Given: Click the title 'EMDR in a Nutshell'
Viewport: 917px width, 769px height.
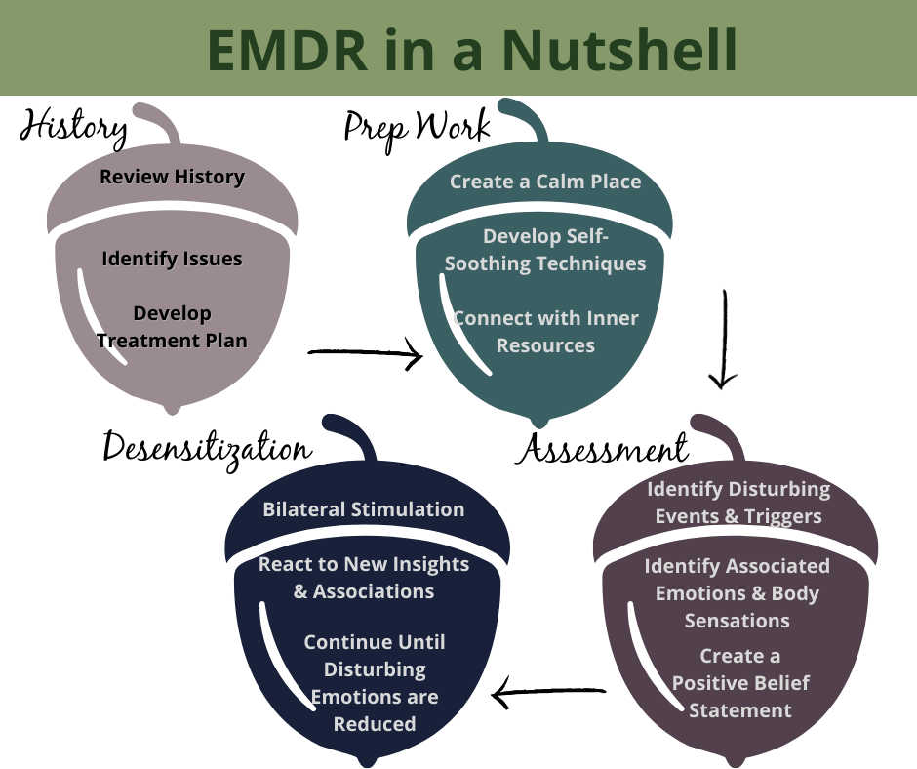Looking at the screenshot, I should click(458, 49).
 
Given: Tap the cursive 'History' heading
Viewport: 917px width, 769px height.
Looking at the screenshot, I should click(72, 127).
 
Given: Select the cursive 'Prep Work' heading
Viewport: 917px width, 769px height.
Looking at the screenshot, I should click(416, 126).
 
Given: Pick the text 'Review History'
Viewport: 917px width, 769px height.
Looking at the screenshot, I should click(172, 177).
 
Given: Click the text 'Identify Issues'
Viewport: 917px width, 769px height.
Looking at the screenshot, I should click(172, 259).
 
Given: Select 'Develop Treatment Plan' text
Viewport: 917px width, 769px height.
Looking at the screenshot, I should click(172, 327).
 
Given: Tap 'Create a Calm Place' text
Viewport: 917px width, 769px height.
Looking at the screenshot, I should click(545, 182).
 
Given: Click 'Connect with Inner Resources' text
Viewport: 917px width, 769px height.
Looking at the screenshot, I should click(545, 332).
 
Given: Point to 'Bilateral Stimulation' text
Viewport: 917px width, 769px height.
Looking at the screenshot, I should click(363, 509).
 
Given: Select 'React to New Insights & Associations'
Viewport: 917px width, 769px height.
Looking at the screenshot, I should click(363, 578).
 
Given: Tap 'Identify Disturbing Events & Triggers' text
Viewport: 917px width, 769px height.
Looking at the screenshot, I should click(738, 502).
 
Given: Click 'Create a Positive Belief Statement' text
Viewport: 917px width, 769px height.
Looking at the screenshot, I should click(738, 682).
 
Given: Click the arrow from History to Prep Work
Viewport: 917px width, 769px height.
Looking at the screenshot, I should click(365, 354).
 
